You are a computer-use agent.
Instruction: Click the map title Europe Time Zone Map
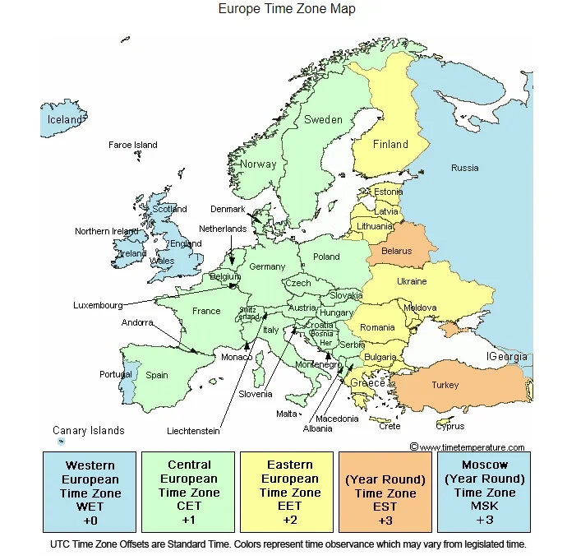point(287,9)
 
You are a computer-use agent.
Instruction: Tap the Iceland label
point(64,120)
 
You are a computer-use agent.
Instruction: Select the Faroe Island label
point(132,146)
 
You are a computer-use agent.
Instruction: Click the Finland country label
point(390,145)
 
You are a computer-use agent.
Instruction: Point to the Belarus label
point(397,251)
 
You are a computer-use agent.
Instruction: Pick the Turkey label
point(445,385)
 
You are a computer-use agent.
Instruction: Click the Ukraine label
point(412,281)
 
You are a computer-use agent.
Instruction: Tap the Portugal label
point(116,374)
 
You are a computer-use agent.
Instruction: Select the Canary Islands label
point(89,431)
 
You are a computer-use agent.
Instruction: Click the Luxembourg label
point(98,305)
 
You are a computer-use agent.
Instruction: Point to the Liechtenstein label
point(193,431)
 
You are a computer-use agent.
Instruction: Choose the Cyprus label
point(450,426)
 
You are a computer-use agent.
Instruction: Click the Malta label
point(287,414)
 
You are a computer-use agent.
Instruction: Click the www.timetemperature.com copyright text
point(467,447)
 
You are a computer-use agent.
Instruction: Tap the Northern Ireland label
point(107,232)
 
